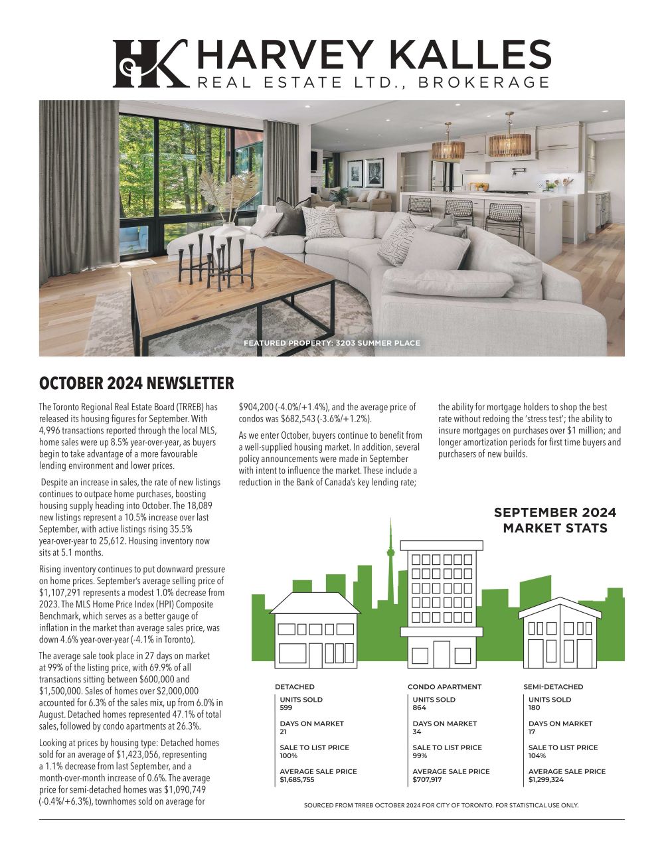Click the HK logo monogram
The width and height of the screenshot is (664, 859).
coord(149,64)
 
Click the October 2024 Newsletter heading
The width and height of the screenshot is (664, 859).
coord(136,384)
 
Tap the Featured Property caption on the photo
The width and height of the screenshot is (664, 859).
coord(331,343)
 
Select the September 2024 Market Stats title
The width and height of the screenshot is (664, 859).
coord(554,520)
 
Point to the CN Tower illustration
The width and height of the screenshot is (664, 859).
coord(390,551)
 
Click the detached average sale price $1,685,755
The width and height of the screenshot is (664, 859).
coord(297,780)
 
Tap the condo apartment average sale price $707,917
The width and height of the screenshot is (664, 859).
coord(427,780)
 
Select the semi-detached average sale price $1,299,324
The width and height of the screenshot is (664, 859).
coord(546,780)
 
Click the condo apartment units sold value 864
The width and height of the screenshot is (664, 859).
coord(420,708)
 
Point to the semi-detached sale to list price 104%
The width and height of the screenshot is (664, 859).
coord(537,756)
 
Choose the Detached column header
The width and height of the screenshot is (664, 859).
coord(294,687)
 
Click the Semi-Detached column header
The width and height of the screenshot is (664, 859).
coord(553,687)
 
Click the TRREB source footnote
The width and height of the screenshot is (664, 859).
coord(441,805)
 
